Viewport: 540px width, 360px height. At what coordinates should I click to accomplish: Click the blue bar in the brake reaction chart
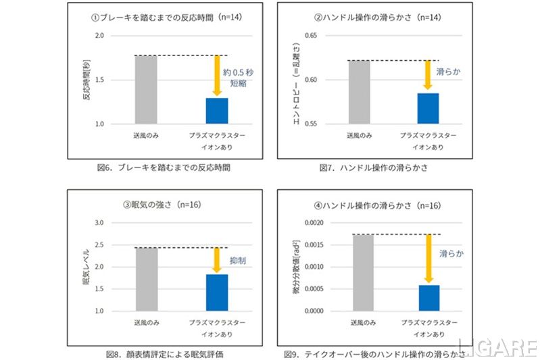pos(217,111)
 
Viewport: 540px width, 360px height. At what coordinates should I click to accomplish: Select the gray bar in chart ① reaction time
pos(146,90)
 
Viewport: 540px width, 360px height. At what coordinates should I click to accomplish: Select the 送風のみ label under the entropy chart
pos(358,135)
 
